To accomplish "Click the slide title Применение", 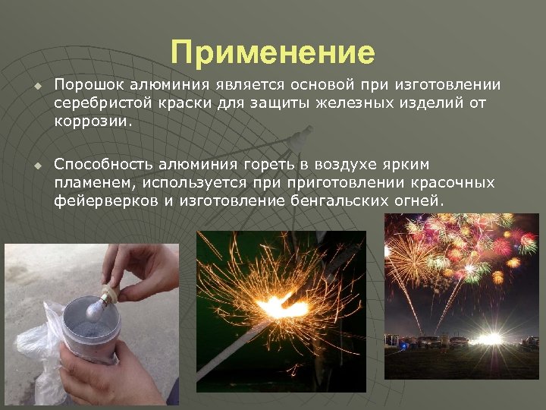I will (x=273, y=53).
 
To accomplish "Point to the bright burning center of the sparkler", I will (x=284, y=307).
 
